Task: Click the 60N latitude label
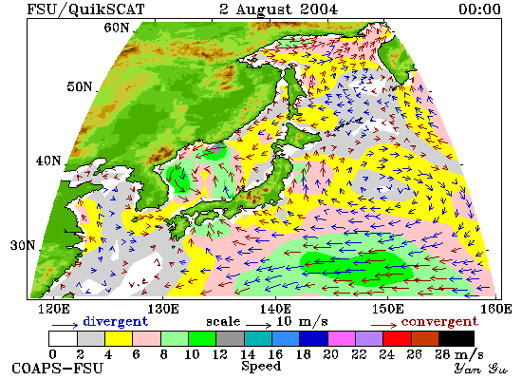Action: (116, 28)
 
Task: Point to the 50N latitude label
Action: (79, 86)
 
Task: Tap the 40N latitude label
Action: (48, 161)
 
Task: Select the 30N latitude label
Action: (23, 245)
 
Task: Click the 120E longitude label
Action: (54, 309)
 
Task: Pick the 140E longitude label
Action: (275, 309)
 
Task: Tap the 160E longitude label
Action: (496, 309)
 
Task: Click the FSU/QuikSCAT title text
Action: (85, 9)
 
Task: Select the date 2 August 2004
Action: (278, 9)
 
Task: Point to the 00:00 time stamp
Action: (479, 9)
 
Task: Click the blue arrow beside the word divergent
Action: (65, 325)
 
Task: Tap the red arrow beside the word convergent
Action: (383, 325)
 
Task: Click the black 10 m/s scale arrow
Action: (259, 324)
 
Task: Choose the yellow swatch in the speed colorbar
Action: (119, 338)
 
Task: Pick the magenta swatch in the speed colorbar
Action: (342, 338)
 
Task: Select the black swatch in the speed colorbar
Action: (457, 338)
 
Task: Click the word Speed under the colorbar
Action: (261, 366)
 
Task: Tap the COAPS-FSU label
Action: (57, 369)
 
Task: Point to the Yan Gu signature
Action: (481, 369)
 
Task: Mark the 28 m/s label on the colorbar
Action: (459, 354)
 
